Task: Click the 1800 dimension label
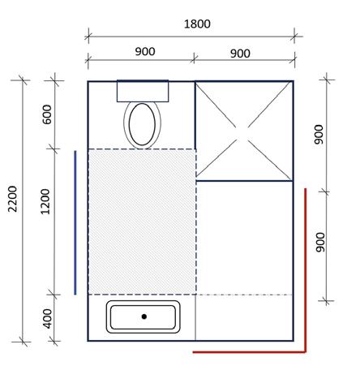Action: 197,24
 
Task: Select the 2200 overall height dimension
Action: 12,199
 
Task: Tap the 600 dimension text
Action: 47,114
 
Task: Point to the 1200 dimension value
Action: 45,201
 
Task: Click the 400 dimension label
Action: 47,319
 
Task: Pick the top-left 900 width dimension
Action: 145,51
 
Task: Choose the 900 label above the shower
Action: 240,54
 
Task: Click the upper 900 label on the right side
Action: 319,135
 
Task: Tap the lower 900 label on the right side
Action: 320,243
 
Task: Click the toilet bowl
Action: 142,124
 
